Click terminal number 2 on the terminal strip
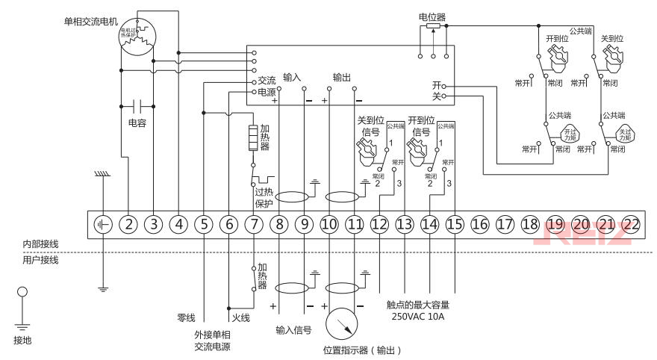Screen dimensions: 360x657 coord(128,223)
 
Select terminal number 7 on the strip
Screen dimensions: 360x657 coord(254,223)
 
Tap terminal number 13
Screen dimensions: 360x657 coord(405,223)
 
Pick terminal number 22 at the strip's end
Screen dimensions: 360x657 coord(632,223)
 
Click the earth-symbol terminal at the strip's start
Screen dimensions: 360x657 coord(103,223)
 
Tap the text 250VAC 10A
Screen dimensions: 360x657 coord(418,316)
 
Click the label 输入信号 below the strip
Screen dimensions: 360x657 coord(293,329)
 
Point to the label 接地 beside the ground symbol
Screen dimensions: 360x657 coord(23,340)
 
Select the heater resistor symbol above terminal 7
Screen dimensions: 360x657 coord(254,139)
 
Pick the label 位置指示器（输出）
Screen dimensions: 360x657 coord(363,350)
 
